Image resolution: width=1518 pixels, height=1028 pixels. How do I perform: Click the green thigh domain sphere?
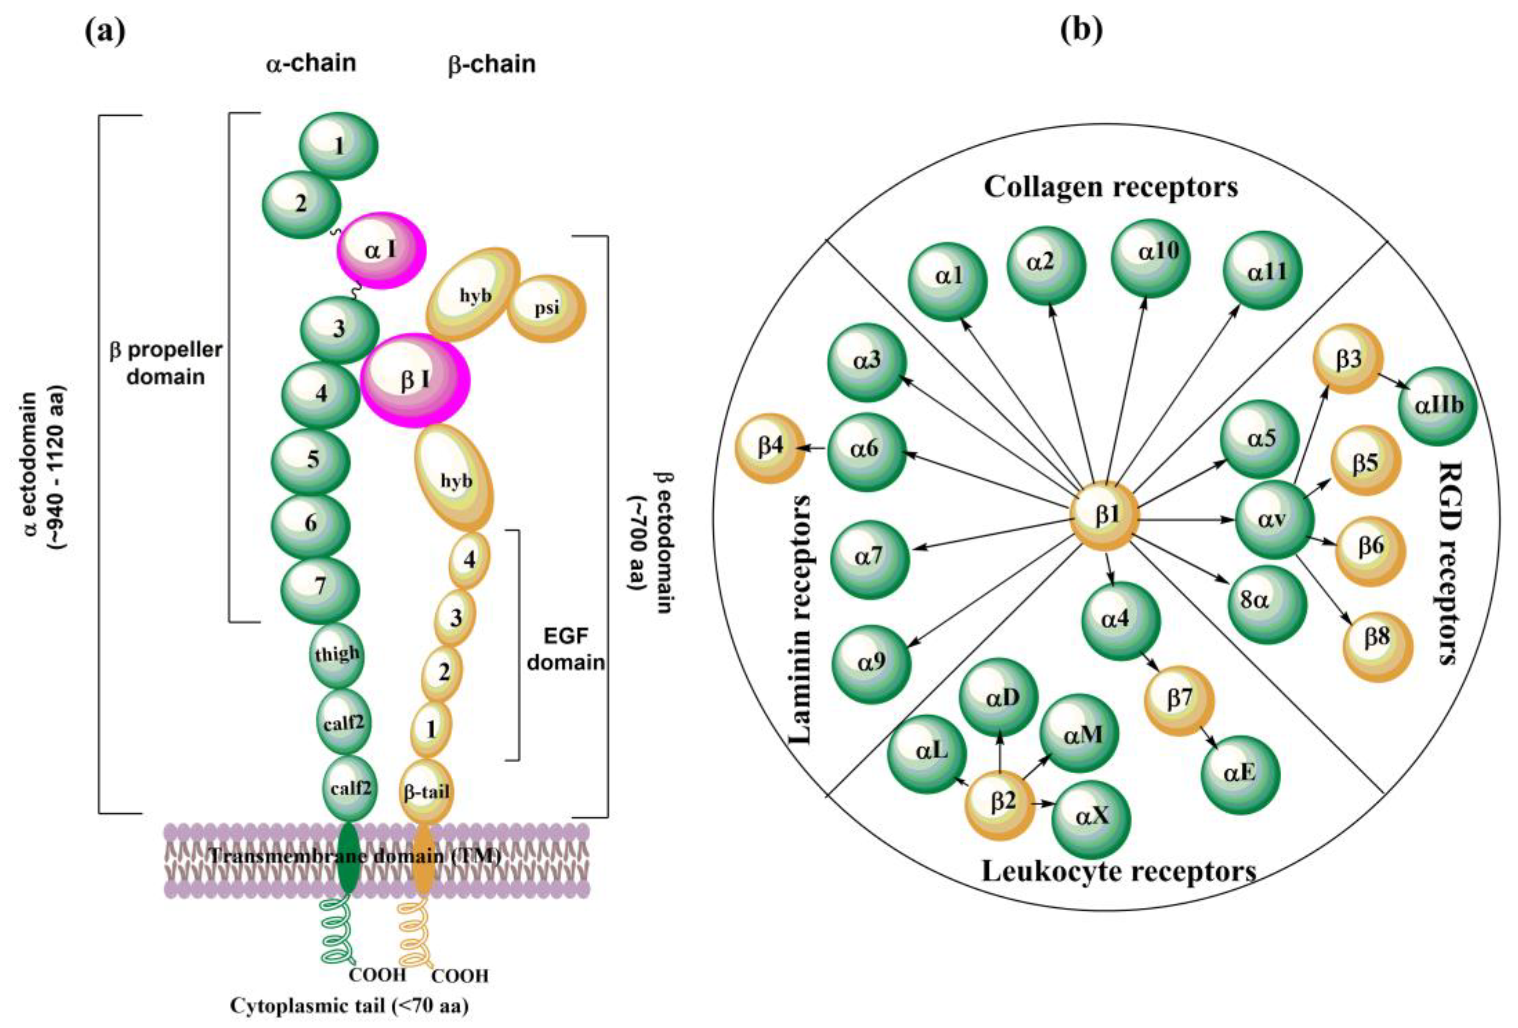[337, 654]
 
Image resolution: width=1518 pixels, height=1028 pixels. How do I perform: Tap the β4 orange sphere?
[770, 448]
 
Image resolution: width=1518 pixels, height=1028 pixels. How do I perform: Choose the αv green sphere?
[1274, 520]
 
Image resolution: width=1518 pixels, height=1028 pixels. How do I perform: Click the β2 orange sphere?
[1000, 803]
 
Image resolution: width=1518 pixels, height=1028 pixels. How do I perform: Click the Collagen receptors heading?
[1111, 187]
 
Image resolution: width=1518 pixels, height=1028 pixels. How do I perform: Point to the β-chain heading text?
[492, 64]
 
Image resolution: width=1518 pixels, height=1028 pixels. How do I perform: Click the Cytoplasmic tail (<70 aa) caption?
[349, 1006]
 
